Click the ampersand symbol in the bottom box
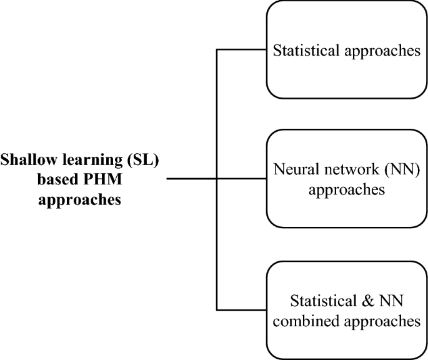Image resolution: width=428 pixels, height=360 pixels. pyautogui.click(x=361, y=301)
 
